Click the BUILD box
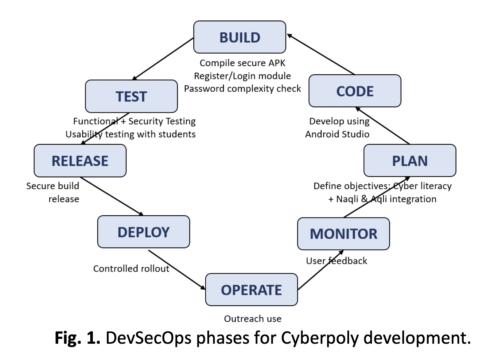[239, 37]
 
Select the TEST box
[131, 96]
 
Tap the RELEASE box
[80, 161]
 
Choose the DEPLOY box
[143, 232]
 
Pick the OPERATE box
[251, 290]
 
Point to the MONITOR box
[343, 234]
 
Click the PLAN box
[410, 161]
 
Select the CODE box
[355, 91]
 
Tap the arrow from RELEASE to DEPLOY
[112, 196]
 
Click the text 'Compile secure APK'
[242, 63]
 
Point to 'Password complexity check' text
[242, 89]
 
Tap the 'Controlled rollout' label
[131, 269]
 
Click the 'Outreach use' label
[252, 319]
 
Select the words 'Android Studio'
[337, 134]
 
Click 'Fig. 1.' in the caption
[77, 338]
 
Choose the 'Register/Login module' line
[242, 76]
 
